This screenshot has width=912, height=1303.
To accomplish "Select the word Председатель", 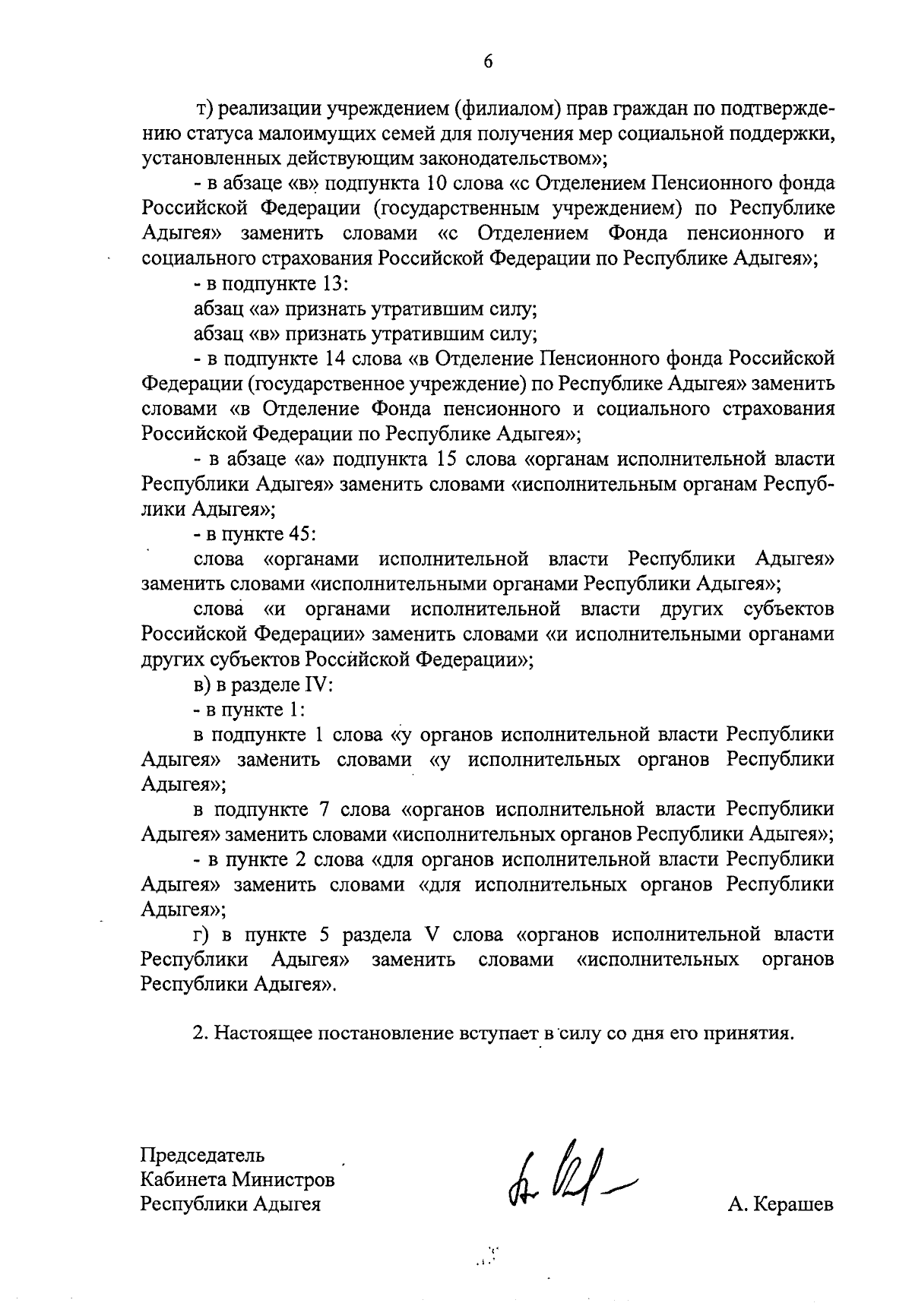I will coord(203,1156).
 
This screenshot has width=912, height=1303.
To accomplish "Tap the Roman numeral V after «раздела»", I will coord(432,935).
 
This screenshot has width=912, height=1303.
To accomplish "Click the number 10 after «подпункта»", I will coord(432,184).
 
